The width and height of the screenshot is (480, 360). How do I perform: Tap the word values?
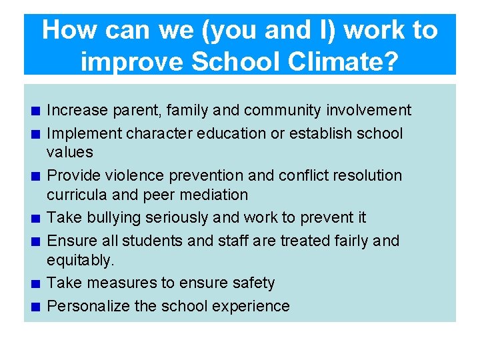tap(69, 152)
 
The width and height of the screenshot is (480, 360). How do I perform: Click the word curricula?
tap(72, 195)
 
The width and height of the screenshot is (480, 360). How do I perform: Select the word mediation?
tap(214, 195)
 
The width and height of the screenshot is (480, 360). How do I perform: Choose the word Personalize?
tap(86, 306)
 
